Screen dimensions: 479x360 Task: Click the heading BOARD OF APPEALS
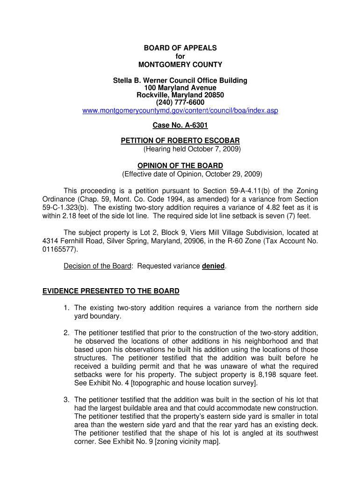point(180,48)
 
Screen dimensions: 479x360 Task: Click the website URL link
point(180,110)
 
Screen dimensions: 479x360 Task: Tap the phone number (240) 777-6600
point(180,103)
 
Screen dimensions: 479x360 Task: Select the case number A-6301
point(191,125)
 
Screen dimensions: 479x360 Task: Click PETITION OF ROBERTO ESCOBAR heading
point(180,140)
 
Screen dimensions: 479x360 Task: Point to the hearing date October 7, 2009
point(214,149)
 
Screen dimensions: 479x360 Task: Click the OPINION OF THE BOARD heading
point(180,166)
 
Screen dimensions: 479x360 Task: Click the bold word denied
point(213,266)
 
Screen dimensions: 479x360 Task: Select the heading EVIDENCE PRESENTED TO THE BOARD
point(111,291)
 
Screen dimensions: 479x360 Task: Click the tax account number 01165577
point(57,249)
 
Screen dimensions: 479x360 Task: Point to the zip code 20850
point(214,95)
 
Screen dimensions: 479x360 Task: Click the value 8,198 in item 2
point(267,375)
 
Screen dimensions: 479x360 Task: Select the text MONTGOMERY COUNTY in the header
point(180,65)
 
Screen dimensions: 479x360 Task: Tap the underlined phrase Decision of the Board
point(97,266)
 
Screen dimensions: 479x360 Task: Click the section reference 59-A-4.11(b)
point(245,191)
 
